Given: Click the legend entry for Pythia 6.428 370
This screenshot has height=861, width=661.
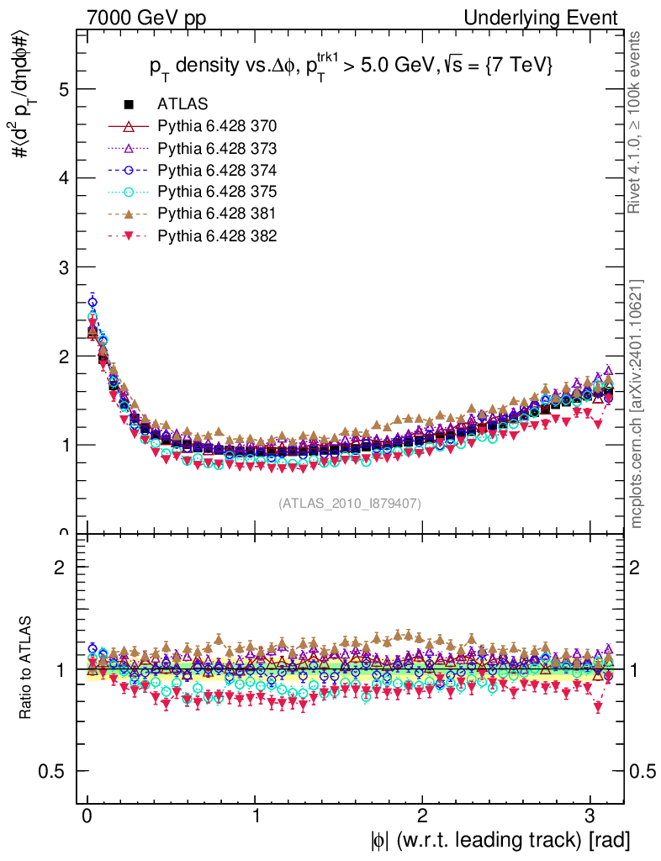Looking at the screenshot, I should pos(217,126).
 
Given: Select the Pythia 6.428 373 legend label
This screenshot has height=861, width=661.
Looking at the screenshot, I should pos(217,148).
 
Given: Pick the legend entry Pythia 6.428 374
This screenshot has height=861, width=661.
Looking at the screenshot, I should pos(217,170).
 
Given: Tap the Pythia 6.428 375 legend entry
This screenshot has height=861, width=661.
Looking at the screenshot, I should pos(217,192).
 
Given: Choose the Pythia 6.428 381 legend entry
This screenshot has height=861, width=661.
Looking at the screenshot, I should pos(217,214).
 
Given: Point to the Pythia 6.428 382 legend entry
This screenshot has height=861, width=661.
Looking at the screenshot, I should pos(217,235).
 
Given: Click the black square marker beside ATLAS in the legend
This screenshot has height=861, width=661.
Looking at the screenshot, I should pos(129,104).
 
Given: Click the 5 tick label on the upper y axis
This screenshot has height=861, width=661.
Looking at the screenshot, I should pos(62,89).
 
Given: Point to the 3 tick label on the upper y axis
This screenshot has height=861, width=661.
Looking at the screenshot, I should pos(62,267).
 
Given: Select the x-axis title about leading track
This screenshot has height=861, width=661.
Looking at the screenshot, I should pos(500,840).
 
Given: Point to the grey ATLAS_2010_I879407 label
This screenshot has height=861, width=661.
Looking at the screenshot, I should pos(350,503).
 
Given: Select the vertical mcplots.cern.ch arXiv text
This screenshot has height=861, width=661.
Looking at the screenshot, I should pos(637,404).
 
